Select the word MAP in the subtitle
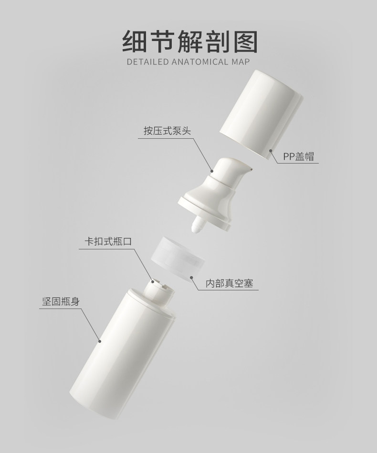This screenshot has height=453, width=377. [x=241, y=62]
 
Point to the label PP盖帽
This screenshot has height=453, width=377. [x=299, y=156]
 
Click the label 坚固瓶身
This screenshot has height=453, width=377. [x=59, y=301]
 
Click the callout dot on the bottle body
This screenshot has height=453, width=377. [x=100, y=340]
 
